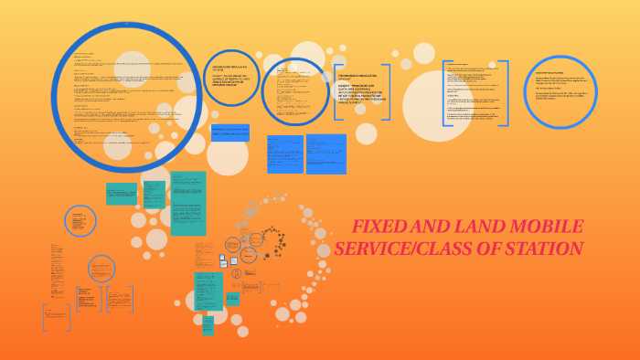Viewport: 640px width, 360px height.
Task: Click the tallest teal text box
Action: pos(188,203)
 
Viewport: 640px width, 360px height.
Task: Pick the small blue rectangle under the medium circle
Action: pos(229,133)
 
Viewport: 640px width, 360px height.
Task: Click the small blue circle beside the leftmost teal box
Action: pos(80,221)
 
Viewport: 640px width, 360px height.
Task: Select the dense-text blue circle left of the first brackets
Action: pos(294,90)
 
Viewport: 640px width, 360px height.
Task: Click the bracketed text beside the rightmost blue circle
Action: pos(475,93)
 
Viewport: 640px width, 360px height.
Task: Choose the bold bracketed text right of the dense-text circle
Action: pos(362,91)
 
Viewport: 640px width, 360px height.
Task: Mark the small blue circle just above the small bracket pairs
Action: pos(101,269)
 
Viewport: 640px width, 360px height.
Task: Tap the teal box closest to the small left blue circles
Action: pos(121,194)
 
